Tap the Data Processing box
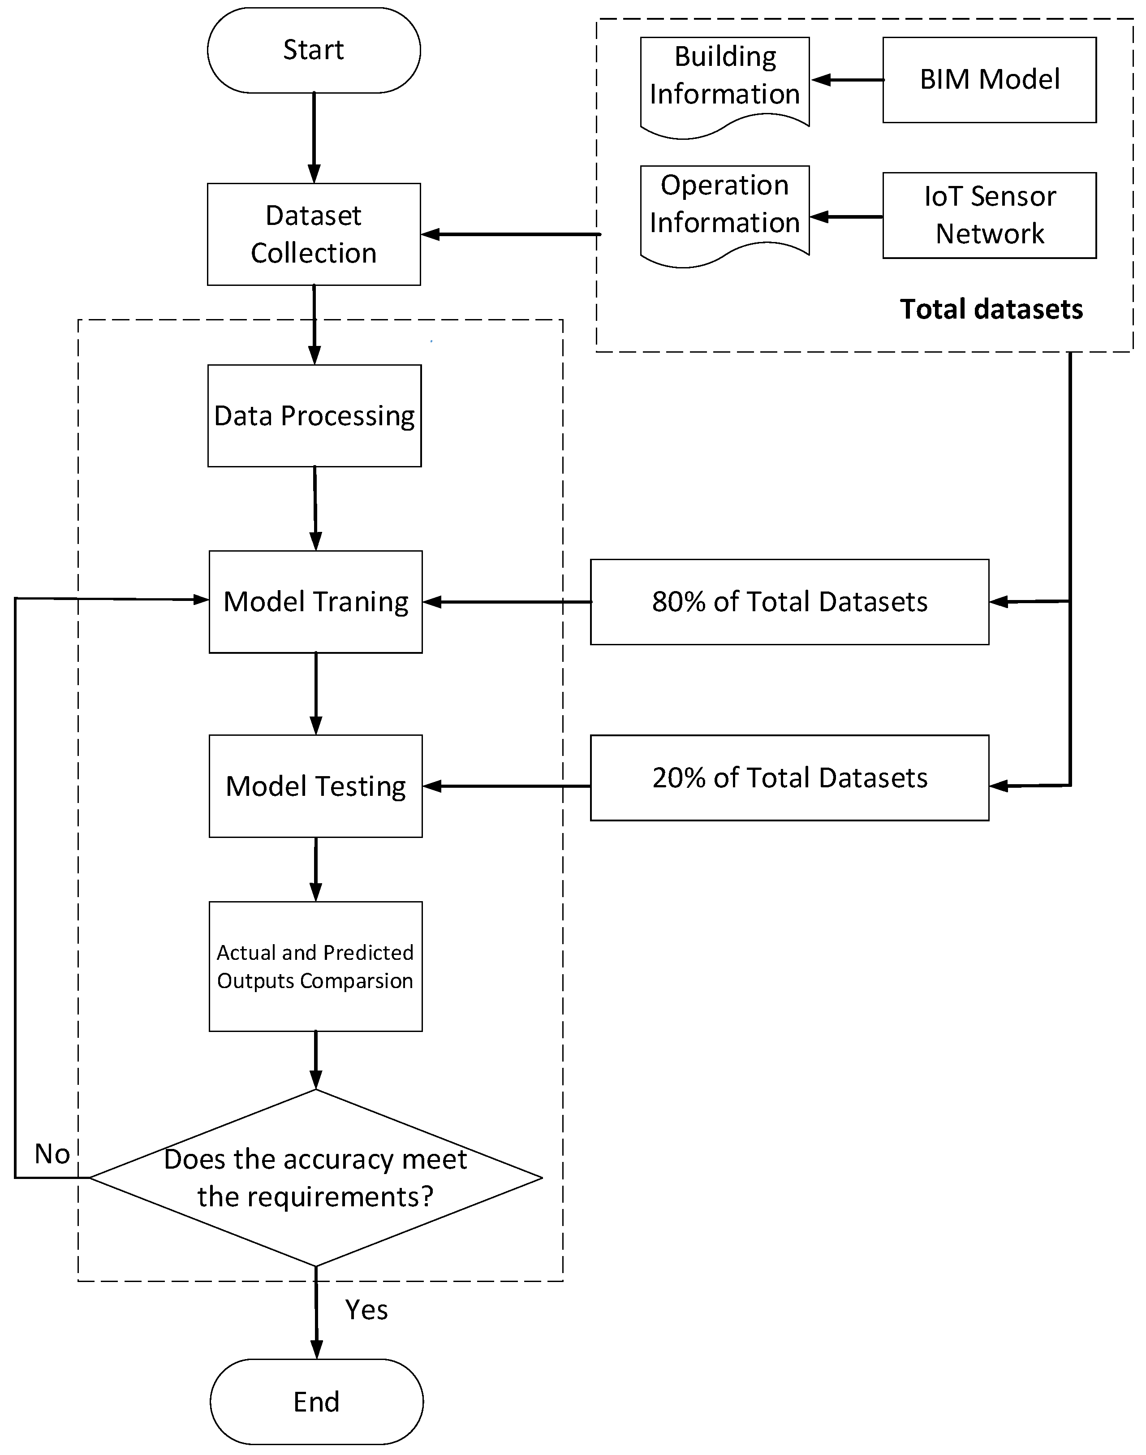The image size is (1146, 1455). [x=314, y=415]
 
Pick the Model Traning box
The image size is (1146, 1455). [x=315, y=601]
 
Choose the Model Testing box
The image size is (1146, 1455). [x=315, y=786]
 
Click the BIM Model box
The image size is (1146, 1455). [x=989, y=80]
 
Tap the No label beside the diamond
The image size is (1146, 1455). [x=52, y=1154]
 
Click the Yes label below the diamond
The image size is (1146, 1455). [x=366, y=1309]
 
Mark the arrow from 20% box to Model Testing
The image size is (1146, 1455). [x=507, y=786]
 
